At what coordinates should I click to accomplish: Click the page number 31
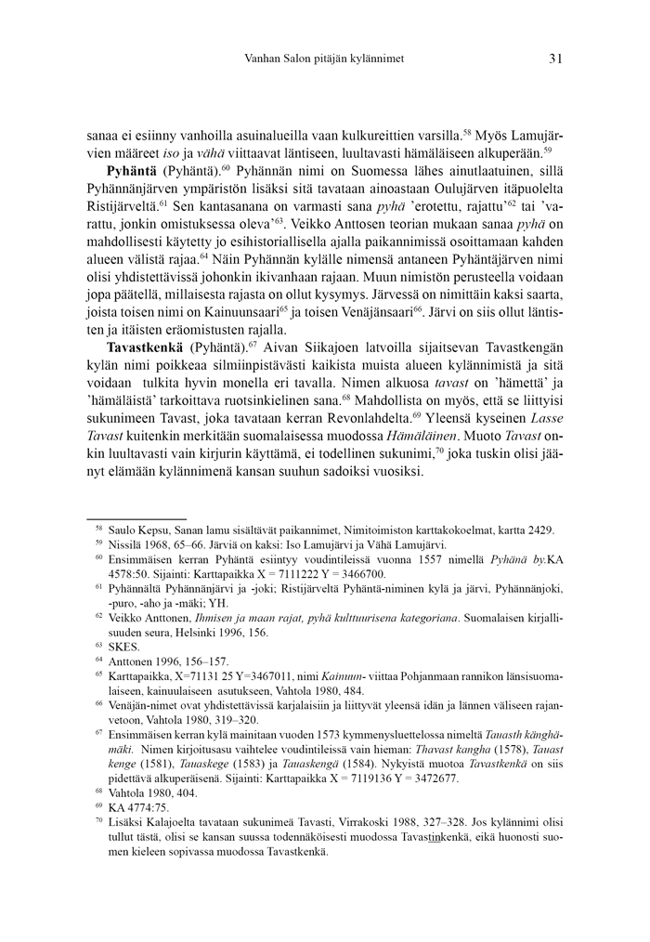tap(555, 58)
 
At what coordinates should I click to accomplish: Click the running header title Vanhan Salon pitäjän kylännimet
tap(323, 59)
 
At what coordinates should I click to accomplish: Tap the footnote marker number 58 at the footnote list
tap(98, 528)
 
